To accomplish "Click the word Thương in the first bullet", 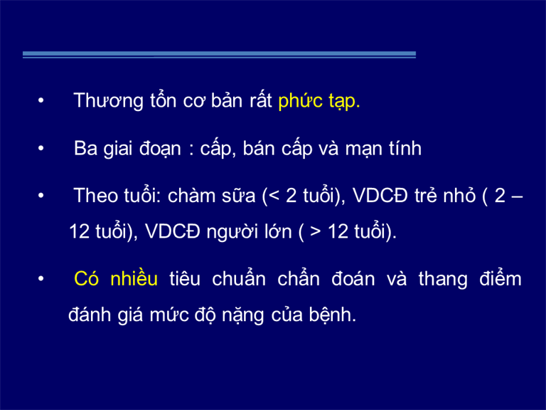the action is coord(108,101).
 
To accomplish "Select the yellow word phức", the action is coord(301,101).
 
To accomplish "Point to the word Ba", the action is coord(85,148).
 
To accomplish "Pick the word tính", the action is coord(405,148).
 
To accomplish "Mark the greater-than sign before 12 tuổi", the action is coord(316,232).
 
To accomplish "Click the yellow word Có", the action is coord(86,279).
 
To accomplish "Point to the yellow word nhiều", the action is coord(134,278).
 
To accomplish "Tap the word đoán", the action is coord(353,278).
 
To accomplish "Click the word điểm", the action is coord(500,278).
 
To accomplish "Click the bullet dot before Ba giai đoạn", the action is coord(41,148).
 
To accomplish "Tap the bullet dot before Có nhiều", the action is coord(41,278).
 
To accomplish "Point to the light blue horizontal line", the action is coord(220,55).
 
